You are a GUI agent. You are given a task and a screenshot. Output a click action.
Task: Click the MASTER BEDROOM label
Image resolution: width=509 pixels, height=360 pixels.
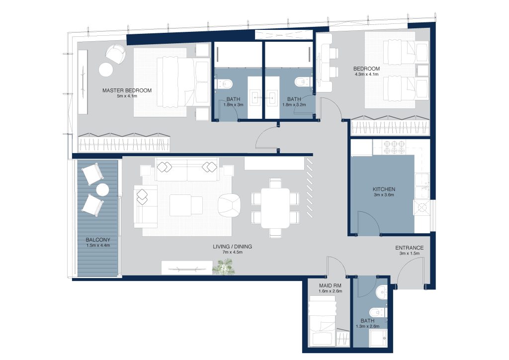127,90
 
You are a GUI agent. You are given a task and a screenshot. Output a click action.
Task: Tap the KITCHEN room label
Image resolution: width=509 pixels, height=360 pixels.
384,189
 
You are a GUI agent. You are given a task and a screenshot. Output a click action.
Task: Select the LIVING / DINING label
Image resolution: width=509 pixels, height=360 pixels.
233,247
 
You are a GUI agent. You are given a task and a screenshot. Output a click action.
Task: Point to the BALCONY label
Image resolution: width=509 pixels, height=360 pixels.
98,240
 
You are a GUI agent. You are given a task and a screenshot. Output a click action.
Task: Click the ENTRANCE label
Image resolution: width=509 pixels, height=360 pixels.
410,248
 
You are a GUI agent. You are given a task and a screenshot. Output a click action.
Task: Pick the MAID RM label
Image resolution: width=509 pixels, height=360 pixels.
330,285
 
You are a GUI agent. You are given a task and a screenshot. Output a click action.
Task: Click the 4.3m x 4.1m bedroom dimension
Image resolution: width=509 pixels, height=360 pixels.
366,75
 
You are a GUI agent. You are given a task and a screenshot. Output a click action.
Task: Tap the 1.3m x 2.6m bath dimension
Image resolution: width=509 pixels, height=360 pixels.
367,326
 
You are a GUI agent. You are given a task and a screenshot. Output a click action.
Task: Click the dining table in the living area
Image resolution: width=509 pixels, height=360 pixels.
275,208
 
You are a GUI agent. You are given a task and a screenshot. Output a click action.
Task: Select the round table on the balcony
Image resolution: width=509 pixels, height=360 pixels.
102,190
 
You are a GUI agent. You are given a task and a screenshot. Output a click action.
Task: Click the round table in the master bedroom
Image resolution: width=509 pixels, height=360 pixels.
106,69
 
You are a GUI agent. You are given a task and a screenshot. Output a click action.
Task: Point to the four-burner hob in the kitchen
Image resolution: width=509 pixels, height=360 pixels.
394,148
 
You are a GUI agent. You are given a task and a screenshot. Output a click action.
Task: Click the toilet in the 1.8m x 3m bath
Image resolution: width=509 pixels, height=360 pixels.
226,84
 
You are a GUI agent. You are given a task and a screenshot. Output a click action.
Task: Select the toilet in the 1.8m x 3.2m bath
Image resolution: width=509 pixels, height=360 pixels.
302,82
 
